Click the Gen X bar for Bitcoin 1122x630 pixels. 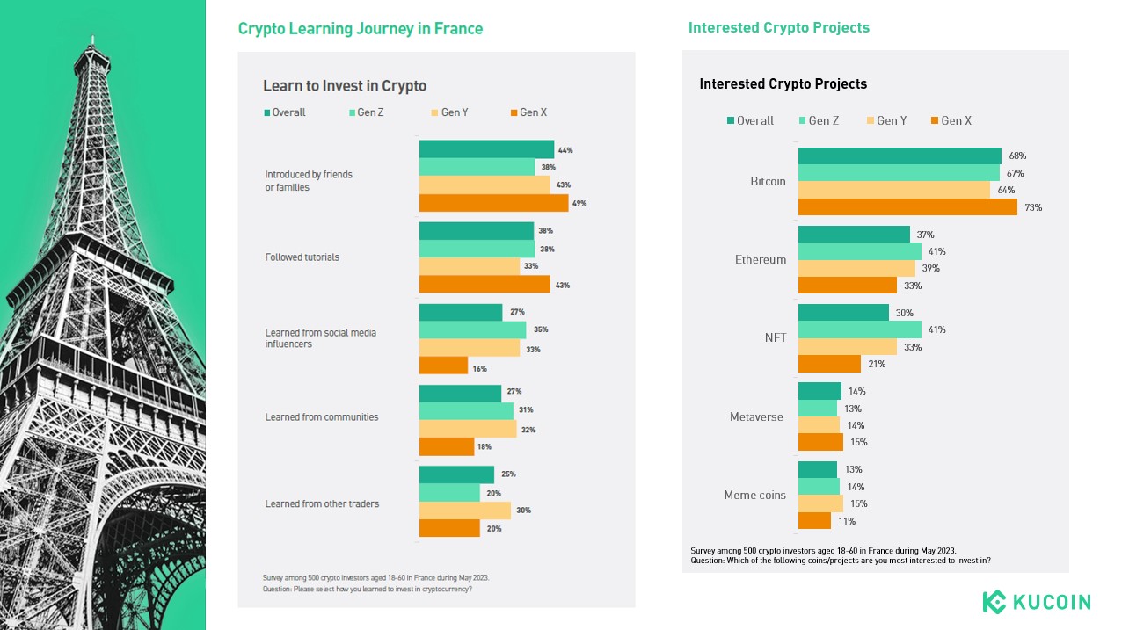pyautogui.click(x=907, y=207)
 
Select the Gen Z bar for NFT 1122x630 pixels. pyautogui.click(x=860, y=329)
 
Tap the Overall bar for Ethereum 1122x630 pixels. pyautogui.click(x=854, y=235)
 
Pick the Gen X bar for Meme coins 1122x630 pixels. pyautogui.click(x=814, y=521)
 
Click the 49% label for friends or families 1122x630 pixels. pyautogui.click(x=579, y=203)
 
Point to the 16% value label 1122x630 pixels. pyautogui.click(x=479, y=369)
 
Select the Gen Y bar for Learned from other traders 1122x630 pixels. pyautogui.click(x=465, y=511)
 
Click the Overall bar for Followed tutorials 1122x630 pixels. pyautogui.click(x=477, y=231)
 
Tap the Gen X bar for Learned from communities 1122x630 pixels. pyautogui.click(x=447, y=447)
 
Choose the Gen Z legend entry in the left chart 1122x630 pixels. pyautogui.click(x=366, y=112)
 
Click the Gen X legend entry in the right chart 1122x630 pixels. pyautogui.click(x=951, y=120)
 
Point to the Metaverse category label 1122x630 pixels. pyautogui.click(x=756, y=416)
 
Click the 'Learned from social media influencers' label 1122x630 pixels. pyautogui.click(x=320, y=338)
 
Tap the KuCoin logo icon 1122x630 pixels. pyautogui.click(x=994, y=602)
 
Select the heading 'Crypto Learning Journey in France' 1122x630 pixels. pyautogui.click(x=361, y=28)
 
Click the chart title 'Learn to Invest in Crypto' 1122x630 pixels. pyautogui.click(x=345, y=85)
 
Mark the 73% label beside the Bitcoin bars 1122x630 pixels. pyautogui.click(x=1033, y=207)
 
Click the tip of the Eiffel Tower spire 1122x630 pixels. pyautogui.click(x=92, y=36)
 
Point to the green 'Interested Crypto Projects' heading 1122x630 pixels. pyautogui.click(x=779, y=27)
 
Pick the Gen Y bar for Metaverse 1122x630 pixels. pyautogui.click(x=819, y=425)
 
